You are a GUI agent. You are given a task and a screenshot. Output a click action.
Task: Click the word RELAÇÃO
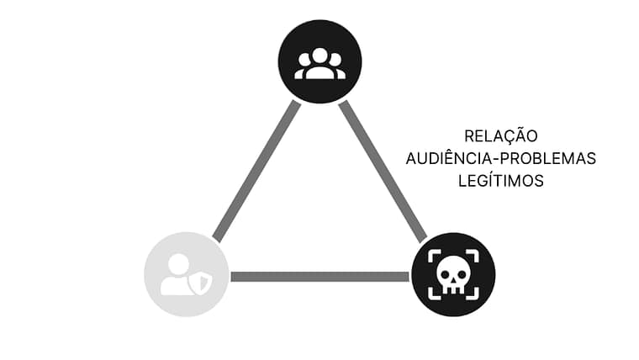(x=500, y=136)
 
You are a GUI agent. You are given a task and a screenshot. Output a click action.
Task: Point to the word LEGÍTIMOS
(x=500, y=181)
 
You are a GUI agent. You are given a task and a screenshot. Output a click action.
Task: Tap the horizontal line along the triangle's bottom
(x=319, y=276)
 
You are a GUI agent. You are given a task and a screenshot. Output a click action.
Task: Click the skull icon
(x=452, y=275)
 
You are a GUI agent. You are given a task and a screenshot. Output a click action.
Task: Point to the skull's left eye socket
(x=446, y=271)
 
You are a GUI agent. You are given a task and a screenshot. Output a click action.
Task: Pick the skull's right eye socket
(x=459, y=271)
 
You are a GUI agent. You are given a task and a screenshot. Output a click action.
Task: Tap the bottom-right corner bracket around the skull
(x=473, y=294)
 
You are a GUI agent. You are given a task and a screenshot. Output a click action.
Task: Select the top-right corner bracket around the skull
(x=473, y=255)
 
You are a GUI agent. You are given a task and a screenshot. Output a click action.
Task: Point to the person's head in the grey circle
(x=179, y=263)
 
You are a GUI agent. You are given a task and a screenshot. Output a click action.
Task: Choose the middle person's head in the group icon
(x=319, y=56)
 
